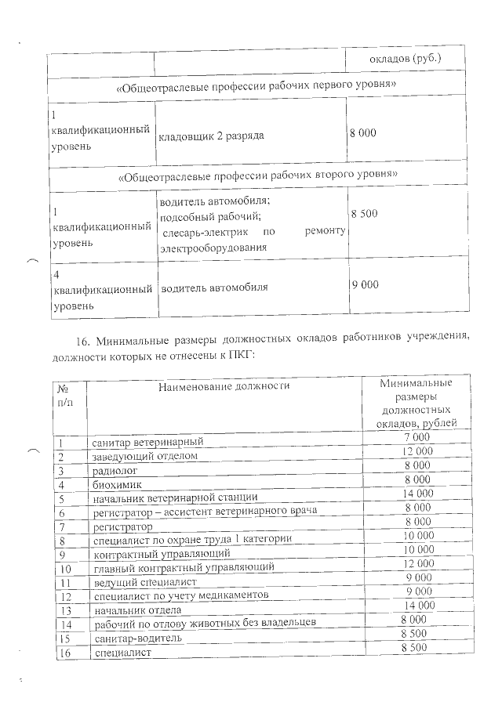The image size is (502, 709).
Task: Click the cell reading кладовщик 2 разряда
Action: click(x=211, y=136)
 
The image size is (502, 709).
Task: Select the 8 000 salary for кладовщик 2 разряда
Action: click(x=363, y=133)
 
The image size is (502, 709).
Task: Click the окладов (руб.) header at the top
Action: click(x=405, y=59)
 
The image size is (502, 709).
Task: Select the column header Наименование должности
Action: click(x=224, y=385)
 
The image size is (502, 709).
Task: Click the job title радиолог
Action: click(x=115, y=470)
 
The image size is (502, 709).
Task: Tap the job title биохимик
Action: click(x=116, y=484)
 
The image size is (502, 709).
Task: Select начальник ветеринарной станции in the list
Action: click(x=175, y=497)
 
